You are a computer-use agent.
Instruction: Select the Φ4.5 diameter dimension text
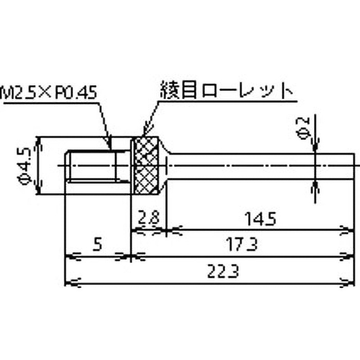coord(25,166)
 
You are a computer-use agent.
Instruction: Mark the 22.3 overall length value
coord(208,271)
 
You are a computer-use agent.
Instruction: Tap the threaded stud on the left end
coord(92,166)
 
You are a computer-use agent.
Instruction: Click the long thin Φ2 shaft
coord(261,166)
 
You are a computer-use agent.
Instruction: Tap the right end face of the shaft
coord(354,166)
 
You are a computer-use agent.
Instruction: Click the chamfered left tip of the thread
coord(67,166)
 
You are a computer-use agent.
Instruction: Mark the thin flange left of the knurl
coord(132,166)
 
